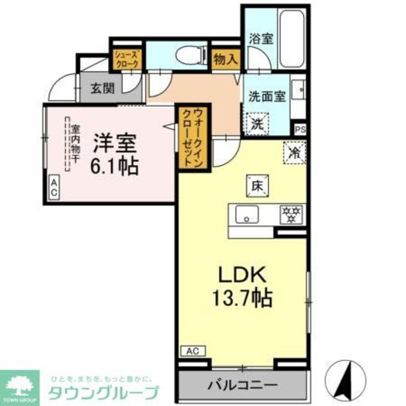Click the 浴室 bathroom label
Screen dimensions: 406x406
[x=261, y=39]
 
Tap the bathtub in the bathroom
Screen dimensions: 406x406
[x=292, y=39]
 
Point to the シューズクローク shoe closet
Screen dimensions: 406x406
[x=127, y=60]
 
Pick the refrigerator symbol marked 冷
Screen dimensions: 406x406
[x=294, y=152]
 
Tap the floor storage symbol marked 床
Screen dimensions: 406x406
[x=257, y=186]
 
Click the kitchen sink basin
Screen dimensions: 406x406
[x=247, y=214]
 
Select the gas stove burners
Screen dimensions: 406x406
[x=292, y=214]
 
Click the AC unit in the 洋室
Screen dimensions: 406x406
[x=54, y=188]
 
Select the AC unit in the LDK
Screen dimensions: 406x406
[x=193, y=351]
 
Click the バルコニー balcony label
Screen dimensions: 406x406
[x=242, y=384]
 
